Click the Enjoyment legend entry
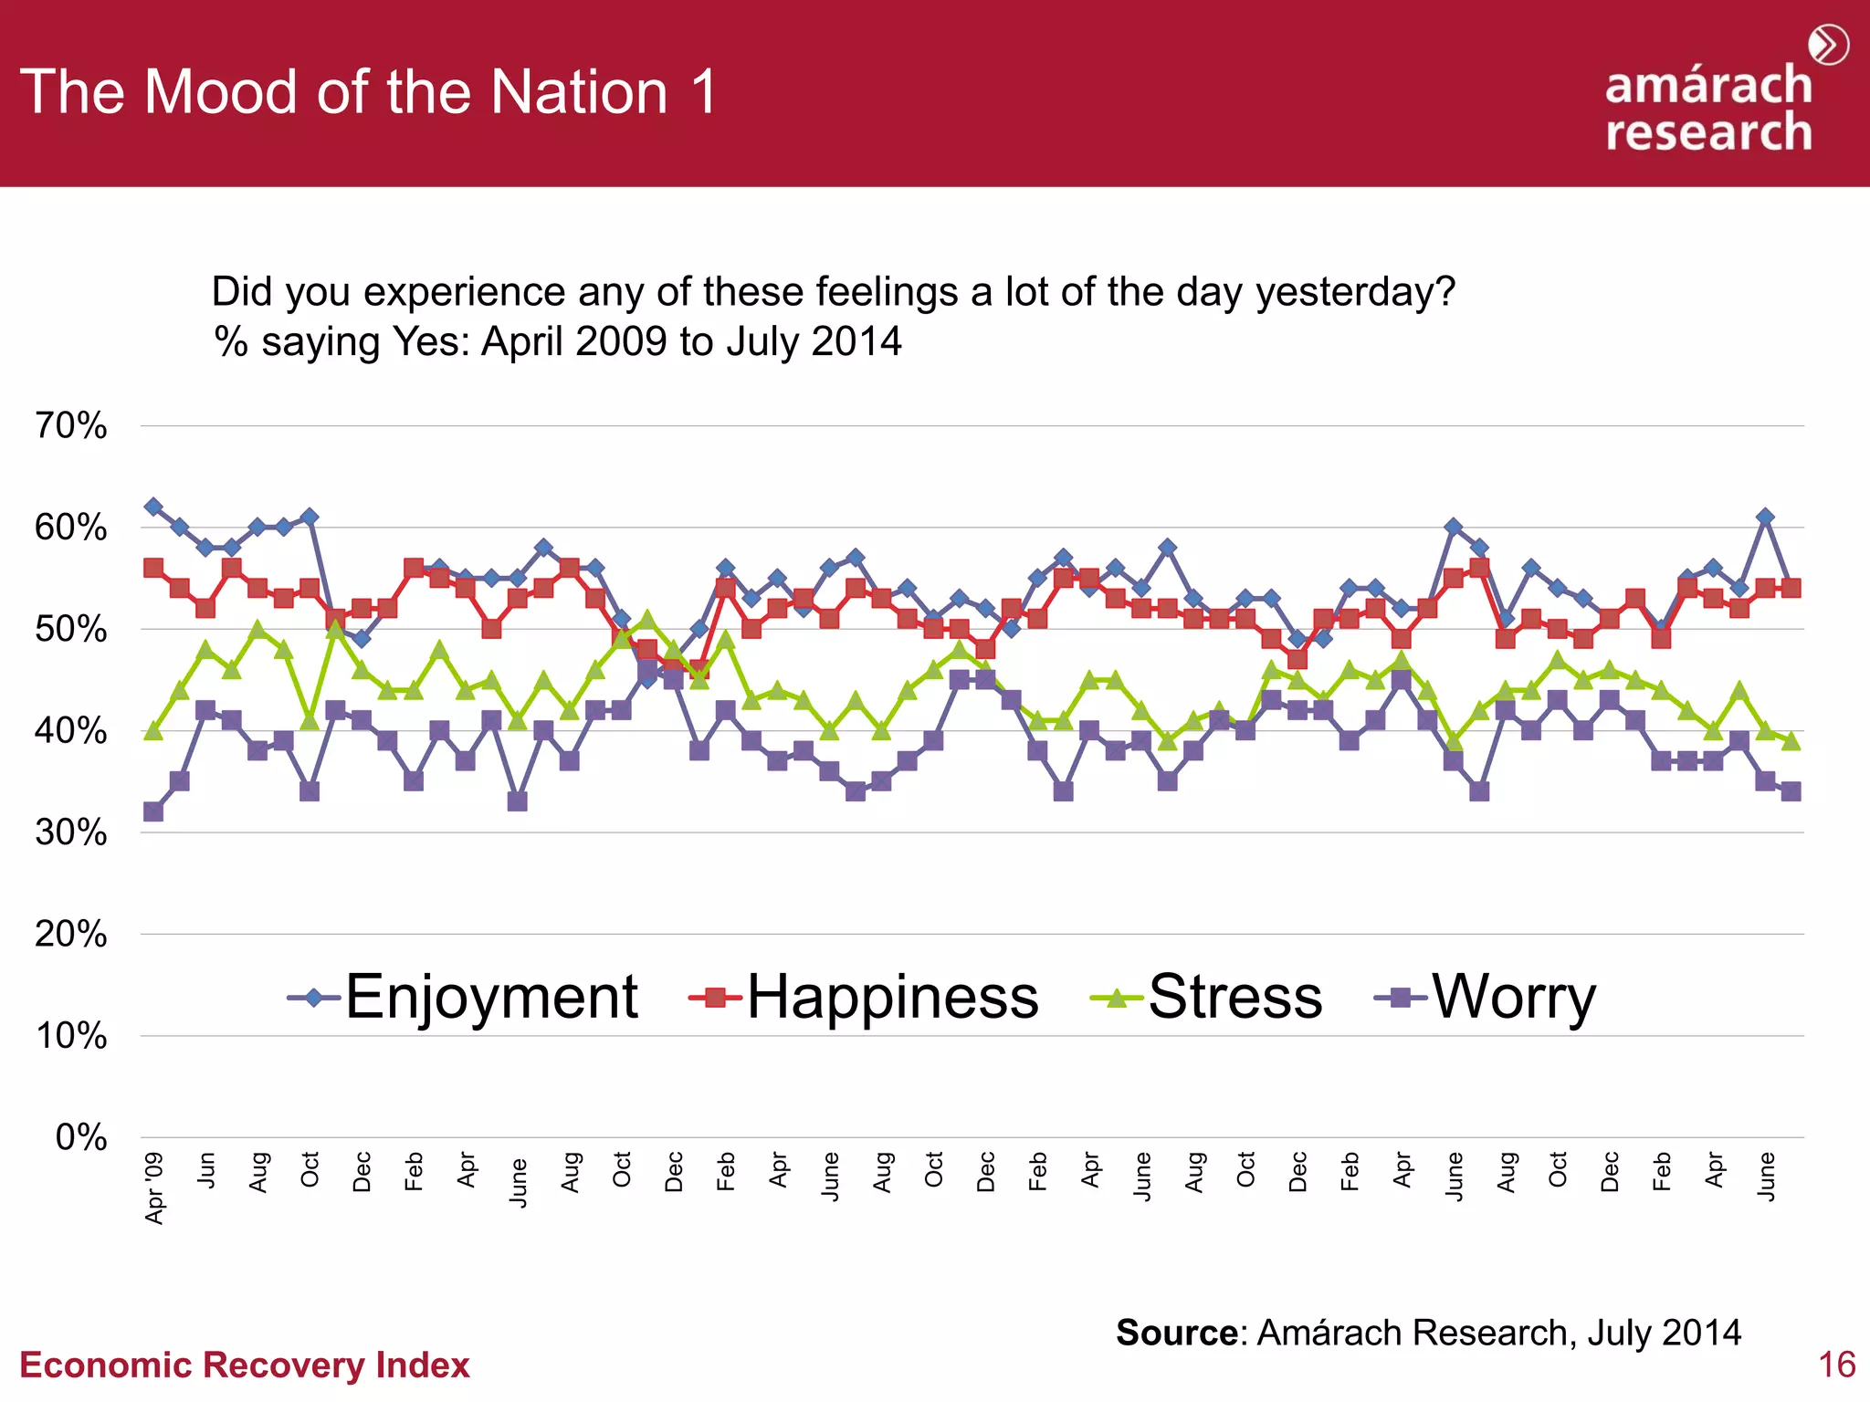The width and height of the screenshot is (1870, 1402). click(x=464, y=997)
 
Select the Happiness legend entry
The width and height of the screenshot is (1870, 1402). click(x=865, y=997)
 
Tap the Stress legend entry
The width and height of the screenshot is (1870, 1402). click(x=1207, y=997)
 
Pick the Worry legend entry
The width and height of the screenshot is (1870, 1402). click(x=1487, y=997)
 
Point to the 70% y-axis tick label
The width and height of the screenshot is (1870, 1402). click(x=71, y=425)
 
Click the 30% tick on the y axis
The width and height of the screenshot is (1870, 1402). click(x=71, y=832)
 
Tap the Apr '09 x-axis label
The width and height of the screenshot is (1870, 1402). click(x=155, y=1188)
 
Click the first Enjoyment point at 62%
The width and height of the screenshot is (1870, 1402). click(x=153, y=507)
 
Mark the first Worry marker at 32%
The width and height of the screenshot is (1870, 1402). click(x=153, y=811)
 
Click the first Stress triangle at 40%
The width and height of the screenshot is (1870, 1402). click(x=153, y=730)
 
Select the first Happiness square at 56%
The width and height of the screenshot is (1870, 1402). click(x=153, y=568)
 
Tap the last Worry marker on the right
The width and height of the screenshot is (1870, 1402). click(x=1791, y=791)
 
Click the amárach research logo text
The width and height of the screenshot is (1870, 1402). click(x=1708, y=108)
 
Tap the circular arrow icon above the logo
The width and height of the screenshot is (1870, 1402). click(x=1828, y=45)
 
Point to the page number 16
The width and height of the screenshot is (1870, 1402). click(x=1836, y=1365)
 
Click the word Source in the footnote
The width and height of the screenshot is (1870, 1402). click(x=1176, y=1333)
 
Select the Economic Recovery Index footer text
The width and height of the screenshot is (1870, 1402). click(x=245, y=1365)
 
